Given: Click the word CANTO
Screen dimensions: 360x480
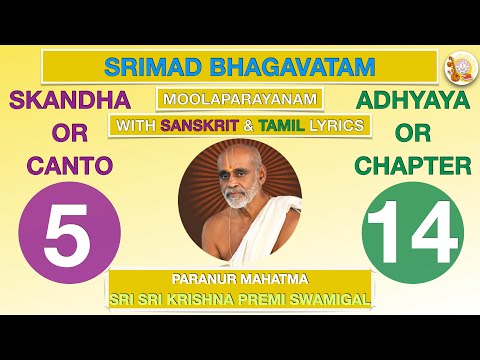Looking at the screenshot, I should pos(61,165).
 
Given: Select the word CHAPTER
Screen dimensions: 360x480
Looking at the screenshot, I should pos(413,165).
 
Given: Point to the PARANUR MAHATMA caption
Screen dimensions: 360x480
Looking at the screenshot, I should pos(239,280).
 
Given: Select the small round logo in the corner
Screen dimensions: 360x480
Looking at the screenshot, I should pos(456,67).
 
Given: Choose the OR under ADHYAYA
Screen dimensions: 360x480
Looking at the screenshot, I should pos(413,134).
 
